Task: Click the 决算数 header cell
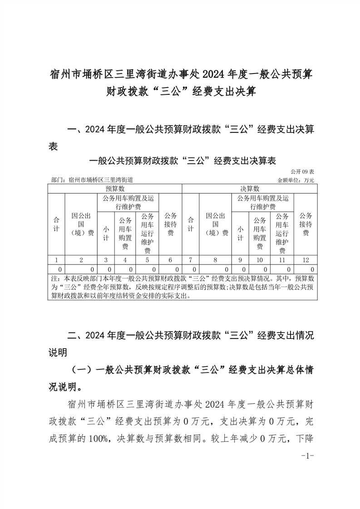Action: [x=249, y=188]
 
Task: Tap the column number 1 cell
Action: [x=56, y=260]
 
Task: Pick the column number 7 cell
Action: [x=191, y=260]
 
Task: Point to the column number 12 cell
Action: [x=306, y=260]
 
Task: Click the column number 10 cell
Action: [x=260, y=260]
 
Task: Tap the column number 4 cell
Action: [x=125, y=260]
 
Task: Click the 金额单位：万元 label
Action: [x=296, y=180]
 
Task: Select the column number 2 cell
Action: [x=81, y=260]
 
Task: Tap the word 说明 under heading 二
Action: [x=58, y=352]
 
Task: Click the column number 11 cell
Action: [x=282, y=260]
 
